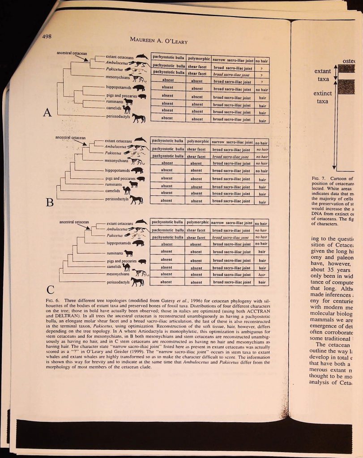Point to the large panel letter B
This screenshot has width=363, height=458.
coord(50,203)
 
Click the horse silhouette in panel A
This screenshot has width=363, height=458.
coord(138,118)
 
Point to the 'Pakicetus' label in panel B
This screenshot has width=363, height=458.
coord(114,153)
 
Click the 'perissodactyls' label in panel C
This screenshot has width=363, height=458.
coord(117,282)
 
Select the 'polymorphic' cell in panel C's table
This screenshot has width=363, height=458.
coord(197,222)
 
